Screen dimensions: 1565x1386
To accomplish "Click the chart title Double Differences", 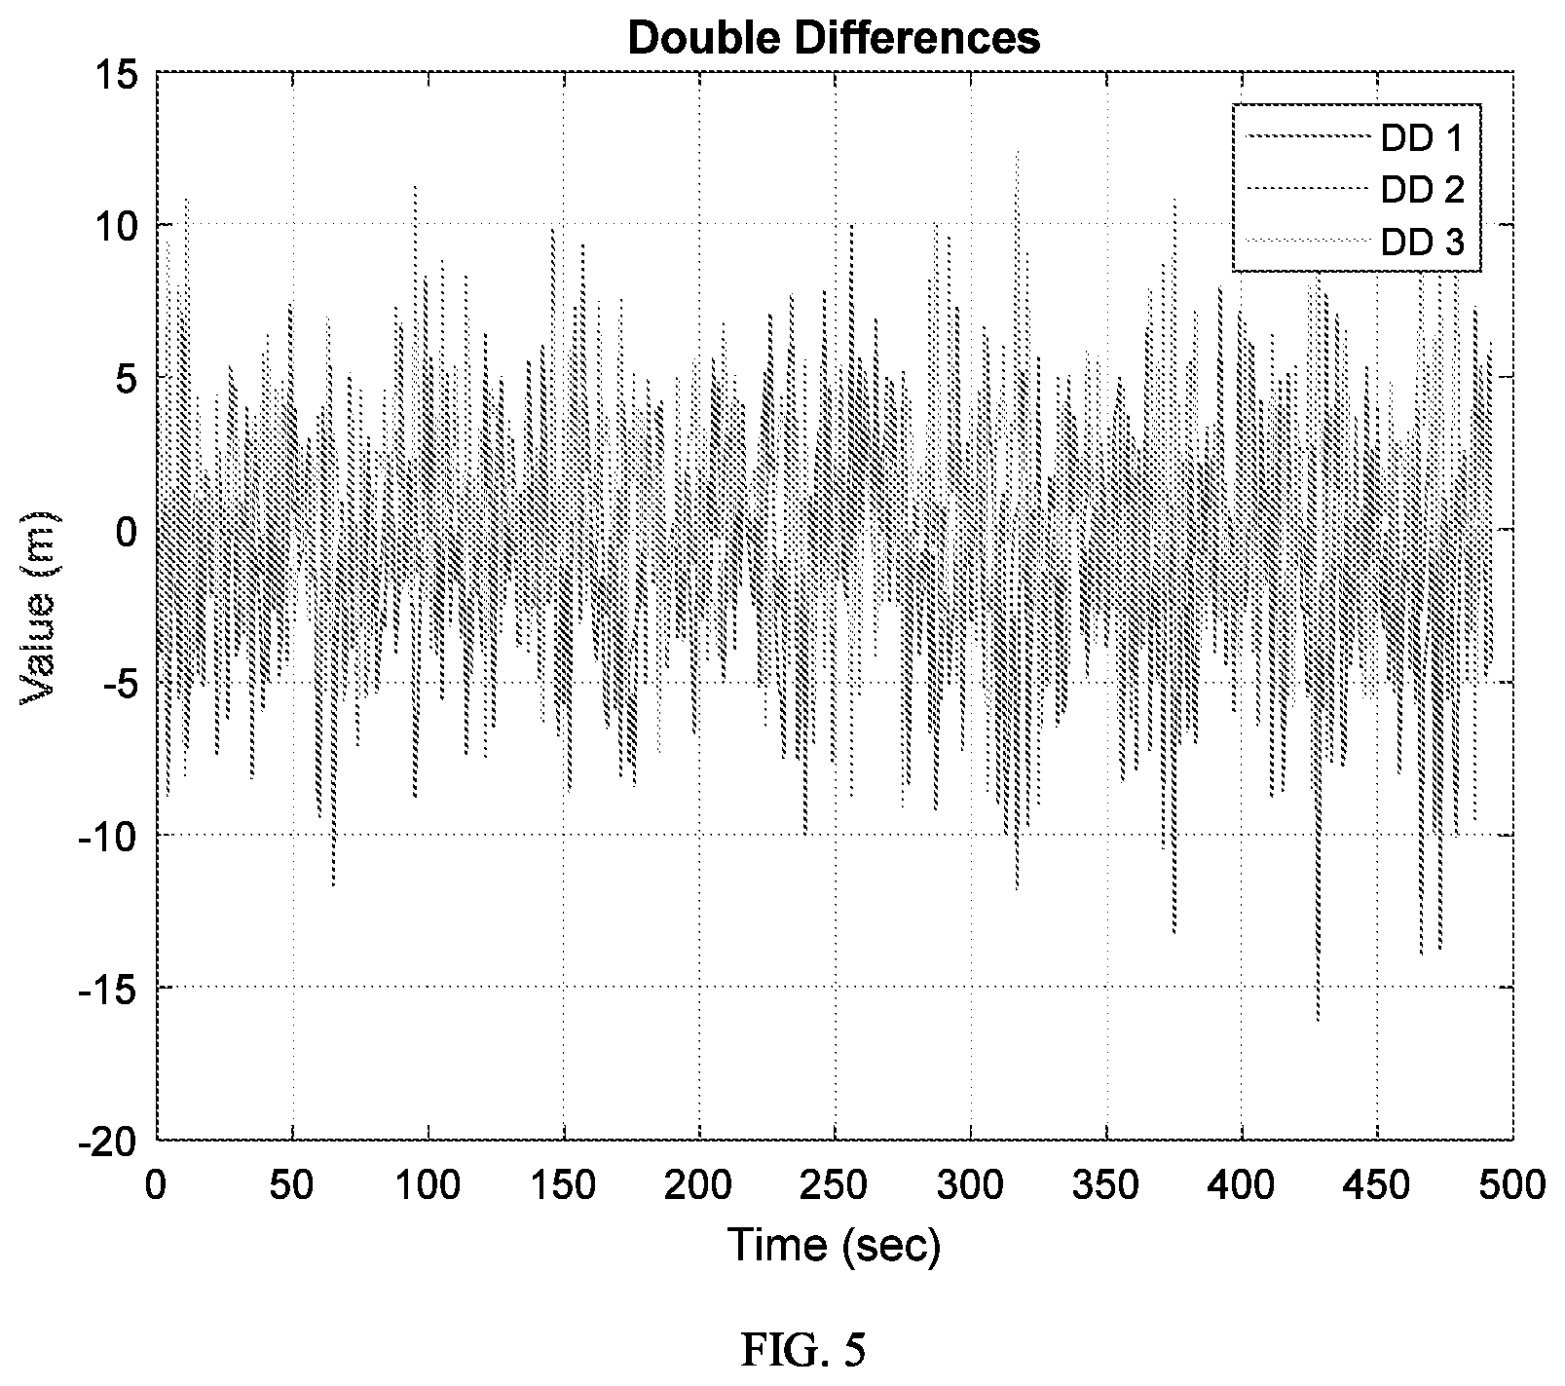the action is pos(835,38).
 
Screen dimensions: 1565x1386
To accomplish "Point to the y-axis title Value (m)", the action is pos(39,607).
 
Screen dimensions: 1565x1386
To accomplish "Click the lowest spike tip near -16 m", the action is pos(1318,1021).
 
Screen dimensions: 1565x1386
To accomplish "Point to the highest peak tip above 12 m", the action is pos(1017,151).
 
